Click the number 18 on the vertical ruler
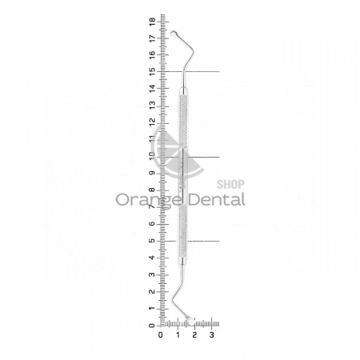[152, 22]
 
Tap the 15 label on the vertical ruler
[152, 72]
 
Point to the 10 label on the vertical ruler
[152, 156]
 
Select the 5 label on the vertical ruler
[152, 241]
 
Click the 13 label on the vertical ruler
[152, 106]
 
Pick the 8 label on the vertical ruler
[152, 190]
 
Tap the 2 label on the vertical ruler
[152, 291]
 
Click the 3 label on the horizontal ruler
[212, 334]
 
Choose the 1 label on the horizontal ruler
[178, 334]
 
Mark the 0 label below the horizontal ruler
[161, 334]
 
